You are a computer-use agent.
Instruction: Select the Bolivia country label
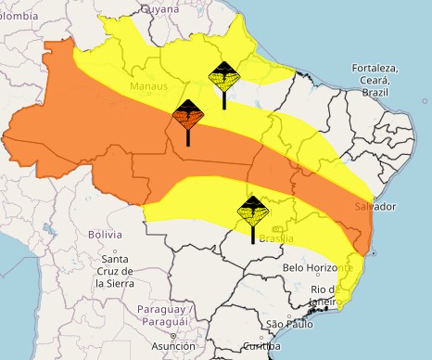tap(105, 235)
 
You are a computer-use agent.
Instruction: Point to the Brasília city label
tap(276, 238)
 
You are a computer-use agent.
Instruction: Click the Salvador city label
tap(375, 205)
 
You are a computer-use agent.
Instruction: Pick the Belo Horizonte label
tap(319, 267)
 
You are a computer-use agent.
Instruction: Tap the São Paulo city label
tap(288, 324)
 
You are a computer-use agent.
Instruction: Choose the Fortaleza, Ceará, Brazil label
tap(375, 81)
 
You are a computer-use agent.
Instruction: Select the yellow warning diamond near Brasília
tap(253, 212)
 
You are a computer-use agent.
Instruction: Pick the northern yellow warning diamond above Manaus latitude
tap(222, 78)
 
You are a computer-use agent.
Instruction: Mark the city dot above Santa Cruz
tap(115, 250)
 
